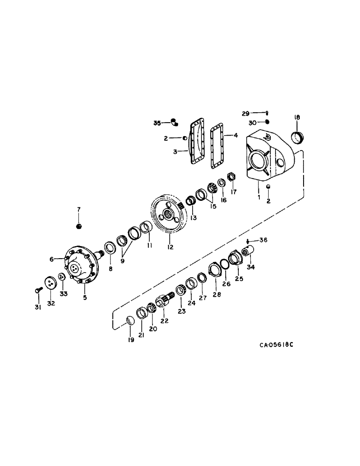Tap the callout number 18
coord(297,117)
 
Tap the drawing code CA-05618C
coord(278,345)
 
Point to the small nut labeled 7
coord(79,226)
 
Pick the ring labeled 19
coord(131,320)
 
